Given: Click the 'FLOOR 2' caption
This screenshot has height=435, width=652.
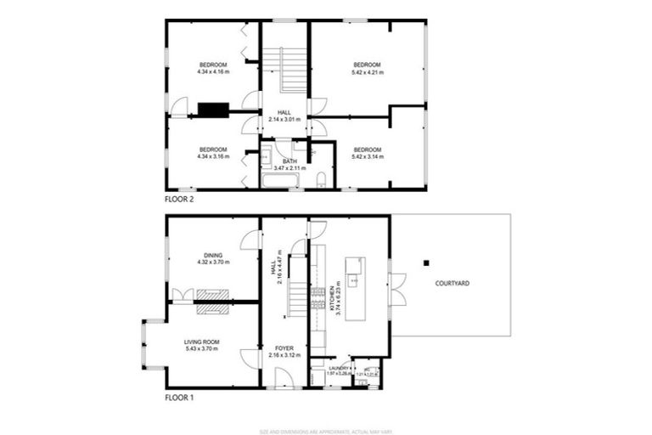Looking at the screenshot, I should click(x=180, y=200).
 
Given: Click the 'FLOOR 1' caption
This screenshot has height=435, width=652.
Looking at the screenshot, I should click(x=180, y=397).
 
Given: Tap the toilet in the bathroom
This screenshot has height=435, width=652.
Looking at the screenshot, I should click(x=322, y=178).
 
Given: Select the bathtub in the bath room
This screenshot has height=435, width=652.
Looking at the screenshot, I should click(x=279, y=180).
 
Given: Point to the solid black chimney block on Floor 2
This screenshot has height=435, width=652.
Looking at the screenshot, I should click(x=212, y=109).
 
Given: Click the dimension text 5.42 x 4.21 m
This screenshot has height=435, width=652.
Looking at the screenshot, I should click(x=367, y=73).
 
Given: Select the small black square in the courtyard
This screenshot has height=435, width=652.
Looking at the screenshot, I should click(x=427, y=263).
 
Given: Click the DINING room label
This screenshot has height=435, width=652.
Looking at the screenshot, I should click(x=213, y=253).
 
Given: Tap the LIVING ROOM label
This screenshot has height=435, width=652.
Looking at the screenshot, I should click(x=202, y=342).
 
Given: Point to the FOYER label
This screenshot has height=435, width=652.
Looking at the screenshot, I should click(x=284, y=348).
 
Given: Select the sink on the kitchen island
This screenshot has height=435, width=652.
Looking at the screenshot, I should click(x=357, y=280).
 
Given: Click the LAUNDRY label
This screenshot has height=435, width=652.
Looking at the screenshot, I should click(x=325, y=367).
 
